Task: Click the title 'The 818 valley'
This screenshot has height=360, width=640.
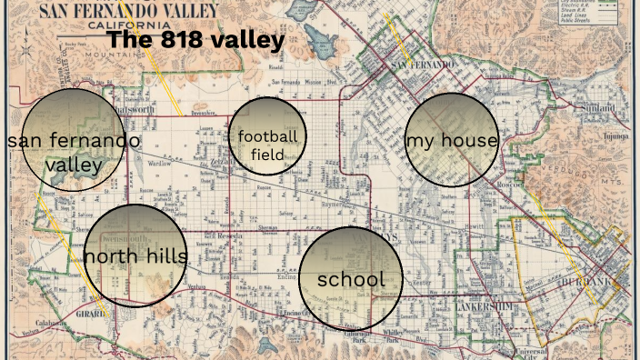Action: pyautogui.click(x=195, y=40)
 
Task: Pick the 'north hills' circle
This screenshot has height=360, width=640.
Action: pyautogui.click(x=135, y=255)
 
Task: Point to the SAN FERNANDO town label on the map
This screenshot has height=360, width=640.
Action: pyautogui.click(x=420, y=65)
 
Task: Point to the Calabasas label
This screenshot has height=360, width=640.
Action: pyautogui.click(x=50, y=324)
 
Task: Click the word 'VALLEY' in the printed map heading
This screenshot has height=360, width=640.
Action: pyautogui.click(x=185, y=8)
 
